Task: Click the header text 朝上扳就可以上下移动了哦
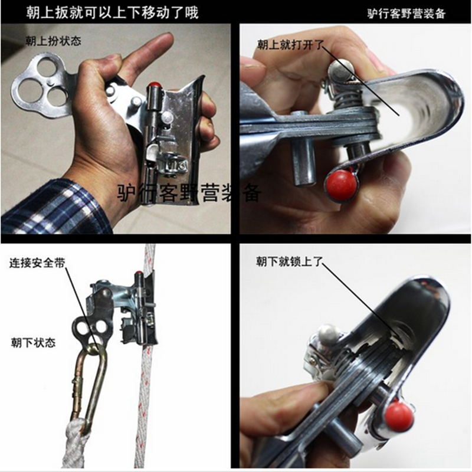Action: pos(112,12)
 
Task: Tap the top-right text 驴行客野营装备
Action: pos(406,14)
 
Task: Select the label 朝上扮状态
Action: pos(53,41)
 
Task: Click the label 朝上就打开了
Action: pos(290,45)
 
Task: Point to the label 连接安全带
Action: pos(37,263)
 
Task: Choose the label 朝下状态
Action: pos(33,343)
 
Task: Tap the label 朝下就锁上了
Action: pos(289,261)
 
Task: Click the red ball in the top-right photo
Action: pos(341,184)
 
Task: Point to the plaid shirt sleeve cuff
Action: pos(57,208)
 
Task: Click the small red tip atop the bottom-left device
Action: pos(139,274)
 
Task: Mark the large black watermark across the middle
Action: pos(189,192)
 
